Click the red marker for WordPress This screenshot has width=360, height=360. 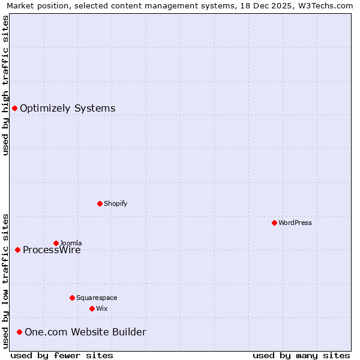(274, 223)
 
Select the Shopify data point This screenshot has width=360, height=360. (100, 203)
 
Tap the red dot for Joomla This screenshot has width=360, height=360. (56, 243)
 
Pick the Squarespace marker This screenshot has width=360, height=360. (72, 298)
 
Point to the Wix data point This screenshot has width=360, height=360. (92, 308)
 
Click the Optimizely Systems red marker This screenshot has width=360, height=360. (14, 108)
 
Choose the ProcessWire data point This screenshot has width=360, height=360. (17, 250)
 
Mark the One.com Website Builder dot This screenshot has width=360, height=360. (19, 332)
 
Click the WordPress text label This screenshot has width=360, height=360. (295, 223)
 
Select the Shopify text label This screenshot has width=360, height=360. (116, 203)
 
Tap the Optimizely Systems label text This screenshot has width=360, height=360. (68, 108)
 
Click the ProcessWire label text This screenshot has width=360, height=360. (52, 250)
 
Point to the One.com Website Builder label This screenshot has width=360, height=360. (85, 332)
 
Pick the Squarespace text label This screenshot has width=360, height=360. (97, 298)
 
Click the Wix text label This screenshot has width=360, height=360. (102, 308)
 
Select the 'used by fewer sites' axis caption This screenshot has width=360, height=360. (62, 355)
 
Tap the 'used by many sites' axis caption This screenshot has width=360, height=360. (301, 355)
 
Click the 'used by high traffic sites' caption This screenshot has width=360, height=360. (5, 85)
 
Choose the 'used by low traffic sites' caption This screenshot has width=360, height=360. (5, 281)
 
